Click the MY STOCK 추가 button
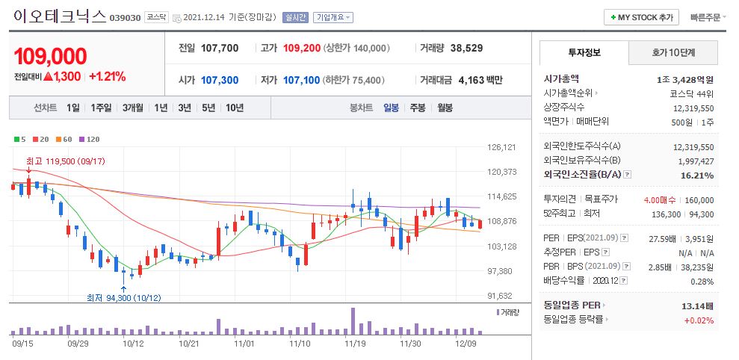(642, 17)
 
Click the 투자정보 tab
(584, 52)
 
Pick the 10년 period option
(234, 108)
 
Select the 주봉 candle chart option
(417, 108)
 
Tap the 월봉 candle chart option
(445, 108)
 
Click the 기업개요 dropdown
(333, 17)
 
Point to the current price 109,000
(50, 56)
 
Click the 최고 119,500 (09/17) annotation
(65, 161)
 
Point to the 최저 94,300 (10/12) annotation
(123, 297)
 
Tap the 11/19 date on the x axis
(355, 344)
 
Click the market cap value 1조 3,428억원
(685, 78)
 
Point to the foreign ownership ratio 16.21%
(698, 175)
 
